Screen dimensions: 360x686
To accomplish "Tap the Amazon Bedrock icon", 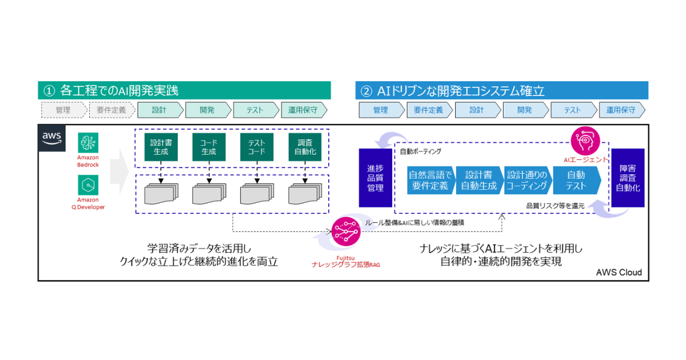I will point(88,143).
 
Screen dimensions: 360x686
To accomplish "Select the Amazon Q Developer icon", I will point(88,185).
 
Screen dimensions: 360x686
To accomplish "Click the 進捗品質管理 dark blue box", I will point(375,178).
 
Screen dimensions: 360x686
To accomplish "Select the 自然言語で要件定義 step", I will point(430,181).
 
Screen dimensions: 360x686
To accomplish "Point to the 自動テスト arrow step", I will point(576,181).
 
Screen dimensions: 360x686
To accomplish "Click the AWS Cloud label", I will point(619,273).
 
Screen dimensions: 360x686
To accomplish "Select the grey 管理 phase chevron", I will point(63,110).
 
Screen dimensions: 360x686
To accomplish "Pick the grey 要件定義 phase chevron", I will point(111,110).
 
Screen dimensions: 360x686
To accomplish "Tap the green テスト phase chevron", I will point(255,110).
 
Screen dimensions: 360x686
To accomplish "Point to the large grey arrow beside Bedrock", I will point(119,169).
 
